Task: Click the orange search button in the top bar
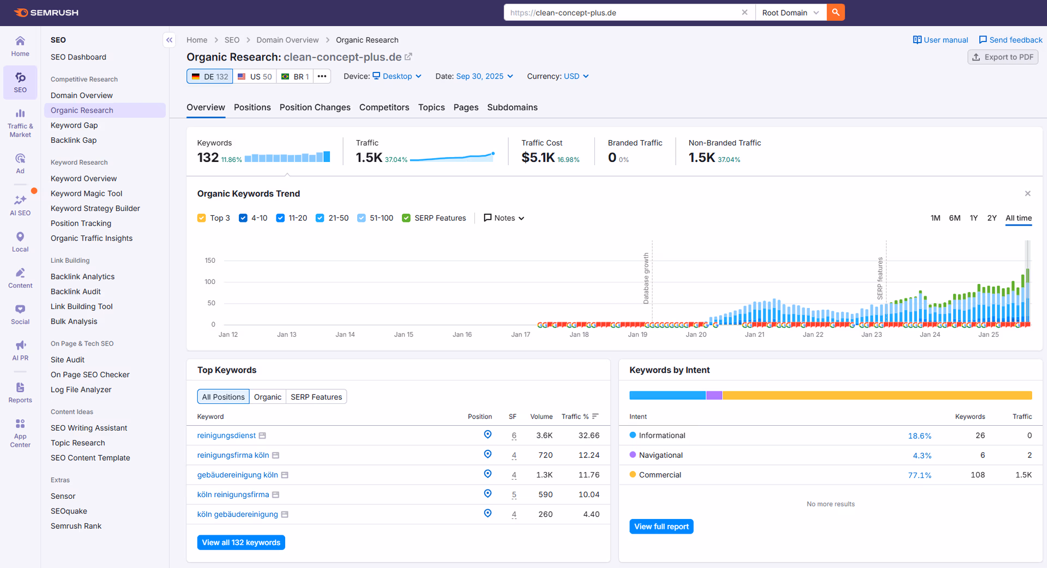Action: [835, 12]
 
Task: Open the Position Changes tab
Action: [315, 107]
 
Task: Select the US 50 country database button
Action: [255, 76]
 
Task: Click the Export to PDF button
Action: [1002, 57]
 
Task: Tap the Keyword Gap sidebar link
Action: [74, 125]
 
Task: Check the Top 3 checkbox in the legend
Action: [202, 218]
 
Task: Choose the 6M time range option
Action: [954, 218]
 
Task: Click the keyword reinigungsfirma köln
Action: [233, 455]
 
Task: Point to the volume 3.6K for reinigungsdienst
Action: [544, 436]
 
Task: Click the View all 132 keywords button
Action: [241, 542]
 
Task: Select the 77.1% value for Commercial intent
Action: [919, 475]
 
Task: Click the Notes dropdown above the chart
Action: [504, 218]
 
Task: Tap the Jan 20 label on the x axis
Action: [696, 335]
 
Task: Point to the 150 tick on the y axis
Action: [210, 261]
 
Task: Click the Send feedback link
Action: [1010, 40]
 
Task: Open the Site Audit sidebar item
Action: [68, 360]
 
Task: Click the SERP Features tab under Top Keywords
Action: [316, 397]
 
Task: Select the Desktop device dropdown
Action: [397, 76]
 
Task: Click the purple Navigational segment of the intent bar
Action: [714, 395]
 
